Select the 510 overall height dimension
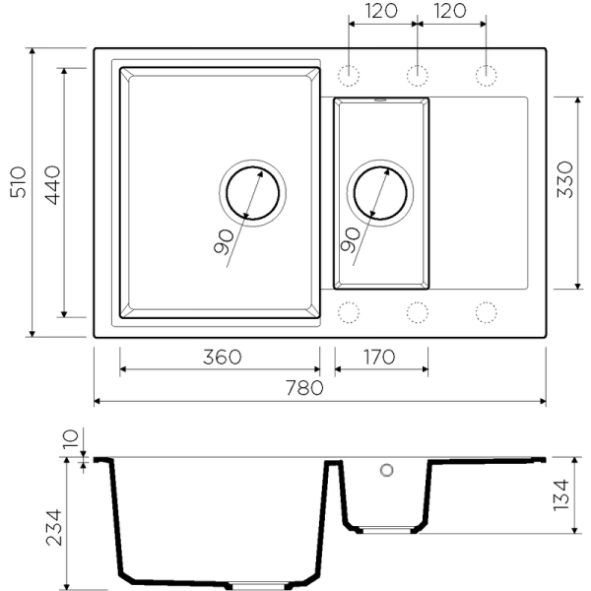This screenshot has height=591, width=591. pyautogui.click(x=18, y=182)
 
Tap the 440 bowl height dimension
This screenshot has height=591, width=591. pyautogui.click(x=51, y=182)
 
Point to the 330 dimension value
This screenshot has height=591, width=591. pyautogui.click(x=565, y=181)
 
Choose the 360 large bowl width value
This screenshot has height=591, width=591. pyautogui.click(x=223, y=357)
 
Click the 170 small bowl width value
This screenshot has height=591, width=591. pyautogui.click(x=380, y=357)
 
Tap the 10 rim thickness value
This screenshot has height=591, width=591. pyautogui.click(x=69, y=441)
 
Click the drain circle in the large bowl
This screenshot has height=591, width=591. pyautogui.click(x=251, y=192)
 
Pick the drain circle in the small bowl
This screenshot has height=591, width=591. pyautogui.click(x=379, y=193)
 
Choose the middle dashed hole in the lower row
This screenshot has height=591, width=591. pyautogui.click(x=417, y=311)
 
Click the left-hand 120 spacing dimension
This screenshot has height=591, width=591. pyautogui.click(x=382, y=12)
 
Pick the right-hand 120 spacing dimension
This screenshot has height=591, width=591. pyautogui.click(x=451, y=12)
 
